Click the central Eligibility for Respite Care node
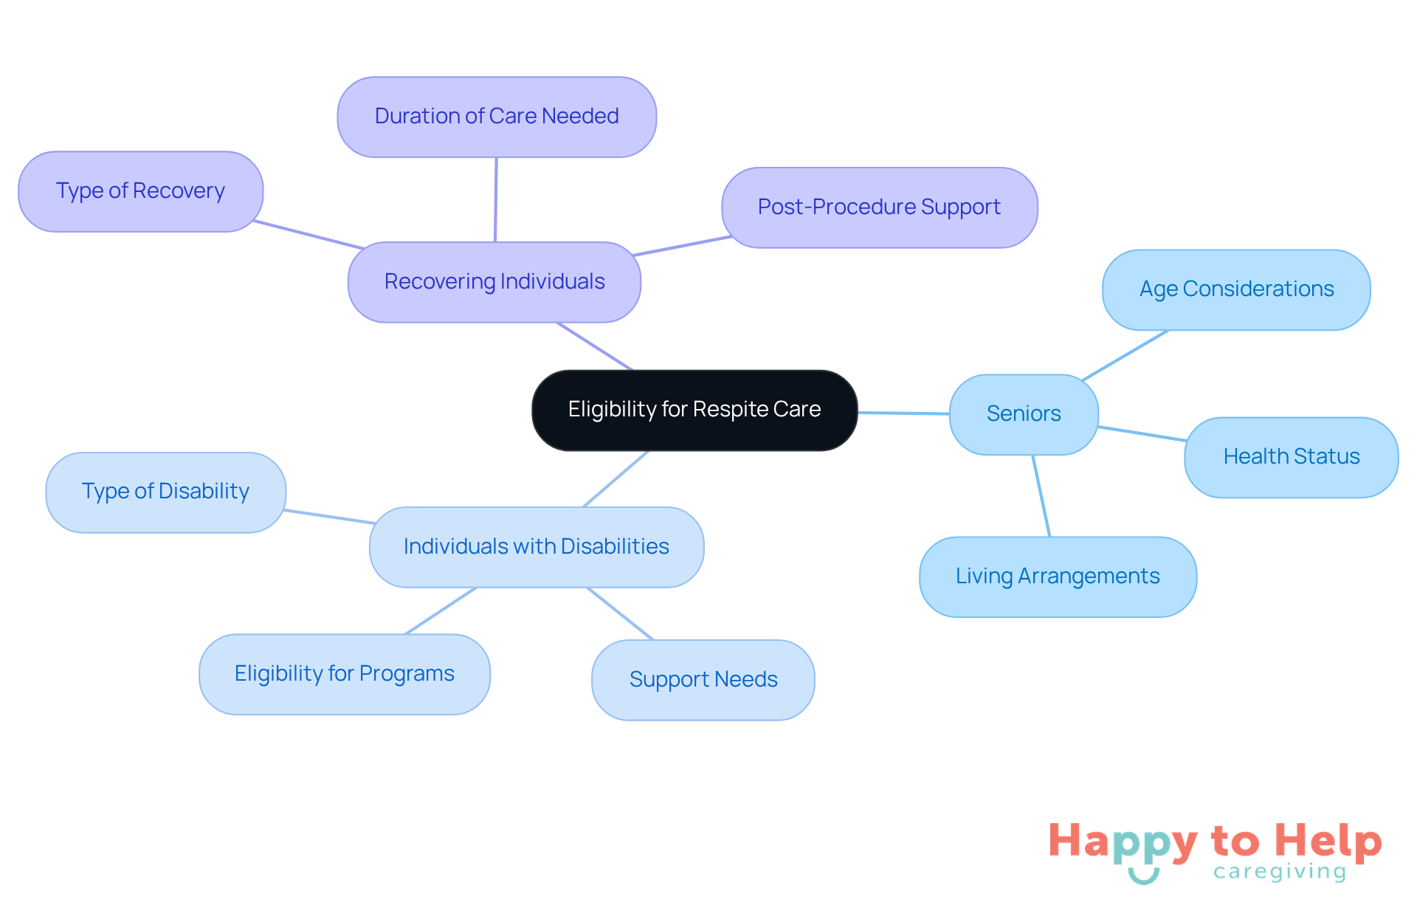[694, 410]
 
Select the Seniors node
[1024, 414]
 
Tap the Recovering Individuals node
[494, 282]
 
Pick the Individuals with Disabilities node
[536, 547]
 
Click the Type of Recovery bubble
[140, 191]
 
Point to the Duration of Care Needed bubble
[496, 117]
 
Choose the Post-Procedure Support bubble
[879, 207]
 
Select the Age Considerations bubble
[1236, 289]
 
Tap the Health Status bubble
[1291, 457]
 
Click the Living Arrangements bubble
[1057, 577]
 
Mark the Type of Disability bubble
[165, 492]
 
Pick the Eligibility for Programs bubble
[344, 674]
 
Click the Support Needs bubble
[703, 680]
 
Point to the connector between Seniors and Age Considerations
[1125, 356]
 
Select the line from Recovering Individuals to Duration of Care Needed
[495, 199]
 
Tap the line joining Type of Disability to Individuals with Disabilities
[328, 517]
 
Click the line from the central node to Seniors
[903, 413]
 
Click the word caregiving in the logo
[1280, 872]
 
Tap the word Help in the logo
[1328, 841]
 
